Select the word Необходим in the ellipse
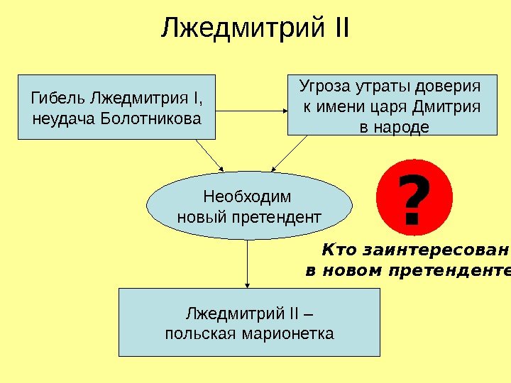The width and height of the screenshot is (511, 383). [247, 196]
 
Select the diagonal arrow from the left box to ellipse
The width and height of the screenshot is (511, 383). [209, 154]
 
